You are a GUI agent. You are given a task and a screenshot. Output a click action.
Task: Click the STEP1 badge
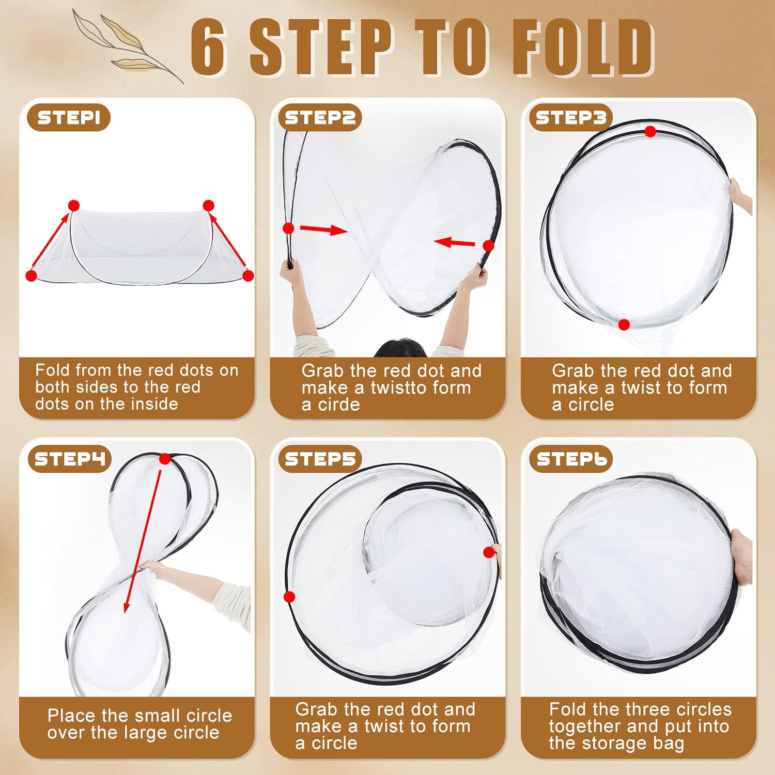(x=69, y=118)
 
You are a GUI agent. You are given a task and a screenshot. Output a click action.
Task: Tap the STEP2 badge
(x=320, y=118)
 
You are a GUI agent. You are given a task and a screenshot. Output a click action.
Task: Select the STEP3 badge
(x=570, y=118)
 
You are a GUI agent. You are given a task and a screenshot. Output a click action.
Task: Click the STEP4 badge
(x=69, y=459)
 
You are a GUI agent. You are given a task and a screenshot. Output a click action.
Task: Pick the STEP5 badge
(x=320, y=459)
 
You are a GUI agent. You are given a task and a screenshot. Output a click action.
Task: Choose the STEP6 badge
(x=570, y=459)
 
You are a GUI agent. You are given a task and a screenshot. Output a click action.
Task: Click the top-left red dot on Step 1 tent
(x=74, y=206)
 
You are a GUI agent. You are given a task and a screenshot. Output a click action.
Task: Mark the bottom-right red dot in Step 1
(x=248, y=275)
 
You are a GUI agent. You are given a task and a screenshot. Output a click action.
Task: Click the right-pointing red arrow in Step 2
(x=323, y=229)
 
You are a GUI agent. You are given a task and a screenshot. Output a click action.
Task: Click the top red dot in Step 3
(x=650, y=132)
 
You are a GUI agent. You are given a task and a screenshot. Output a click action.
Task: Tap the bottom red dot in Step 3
(x=624, y=325)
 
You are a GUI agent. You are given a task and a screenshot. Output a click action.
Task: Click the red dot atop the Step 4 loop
(x=165, y=459)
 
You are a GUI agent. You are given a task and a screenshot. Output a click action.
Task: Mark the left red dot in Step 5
(x=289, y=597)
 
